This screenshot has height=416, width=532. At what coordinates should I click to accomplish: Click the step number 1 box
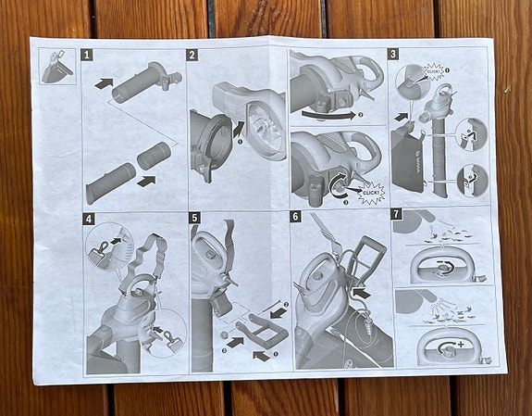[x=87, y=56]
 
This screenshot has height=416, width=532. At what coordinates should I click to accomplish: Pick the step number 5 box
[x=193, y=219]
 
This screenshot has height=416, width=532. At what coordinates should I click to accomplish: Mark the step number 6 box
[x=295, y=217]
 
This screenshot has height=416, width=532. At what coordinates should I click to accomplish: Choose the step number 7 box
[x=396, y=215]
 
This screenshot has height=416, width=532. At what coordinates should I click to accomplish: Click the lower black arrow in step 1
[x=144, y=182]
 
